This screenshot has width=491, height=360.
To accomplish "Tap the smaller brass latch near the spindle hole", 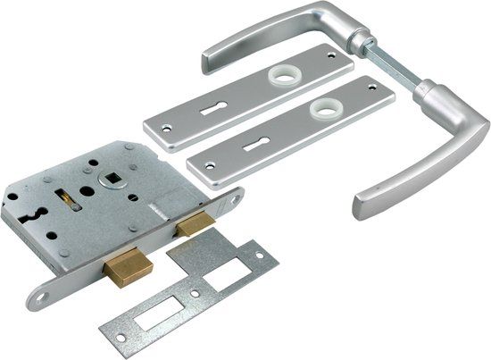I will pyautogui.click(x=193, y=226).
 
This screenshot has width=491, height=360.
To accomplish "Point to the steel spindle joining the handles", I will pyautogui.click(x=393, y=71).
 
